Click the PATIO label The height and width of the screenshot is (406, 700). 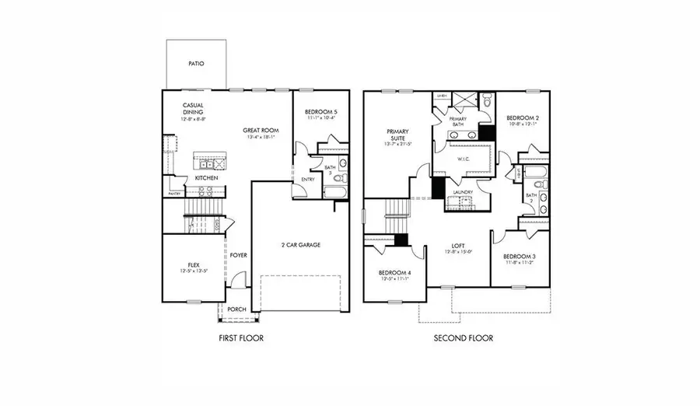coord(196,64)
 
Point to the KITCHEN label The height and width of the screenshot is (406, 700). coord(206,178)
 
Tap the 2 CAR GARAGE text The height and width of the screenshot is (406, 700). coord(300,245)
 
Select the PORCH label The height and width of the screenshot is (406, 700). coord(236,310)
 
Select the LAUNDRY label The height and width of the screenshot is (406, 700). coord(464,191)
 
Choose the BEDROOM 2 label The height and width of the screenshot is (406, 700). coord(523,117)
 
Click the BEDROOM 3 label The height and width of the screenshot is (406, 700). coord(518,257)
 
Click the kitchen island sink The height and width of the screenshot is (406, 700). coord(207,163)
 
